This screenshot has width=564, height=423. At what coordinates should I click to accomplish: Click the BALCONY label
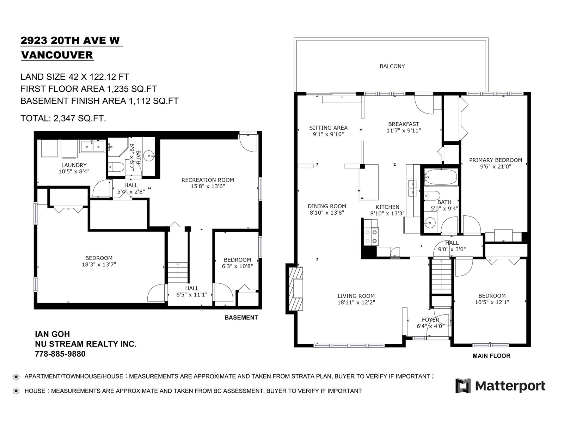(x=392, y=66)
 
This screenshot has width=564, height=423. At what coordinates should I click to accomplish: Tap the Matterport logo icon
(x=463, y=386)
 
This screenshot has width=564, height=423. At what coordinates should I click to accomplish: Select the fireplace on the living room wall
(x=295, y=289)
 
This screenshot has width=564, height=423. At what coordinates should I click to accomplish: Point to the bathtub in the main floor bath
(x=440, y=177)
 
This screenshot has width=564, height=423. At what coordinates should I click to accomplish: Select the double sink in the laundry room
(x=93, y=147)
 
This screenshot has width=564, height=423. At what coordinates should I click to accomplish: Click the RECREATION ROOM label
(x=208, y=180)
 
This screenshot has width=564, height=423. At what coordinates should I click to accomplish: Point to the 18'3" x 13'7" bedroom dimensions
(x=99, y=264)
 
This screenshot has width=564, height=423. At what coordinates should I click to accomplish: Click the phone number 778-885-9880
(x=60, y=354)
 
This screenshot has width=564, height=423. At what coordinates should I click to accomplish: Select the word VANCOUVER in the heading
(x=57, y=55)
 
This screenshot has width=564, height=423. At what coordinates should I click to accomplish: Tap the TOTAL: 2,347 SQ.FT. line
(x=63, y=118)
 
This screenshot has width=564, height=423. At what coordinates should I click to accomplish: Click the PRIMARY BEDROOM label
(x=496, y=160)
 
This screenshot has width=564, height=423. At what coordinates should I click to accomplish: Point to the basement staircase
(x=178, y=272)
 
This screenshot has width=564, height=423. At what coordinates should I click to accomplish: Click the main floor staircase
(x=441, y=276)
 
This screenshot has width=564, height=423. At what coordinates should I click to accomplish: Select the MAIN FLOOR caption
(x=491, y=356)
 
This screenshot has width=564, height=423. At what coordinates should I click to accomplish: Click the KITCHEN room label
(x=387, y=207)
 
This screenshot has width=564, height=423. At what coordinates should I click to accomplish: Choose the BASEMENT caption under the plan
(x=241, y=318)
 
